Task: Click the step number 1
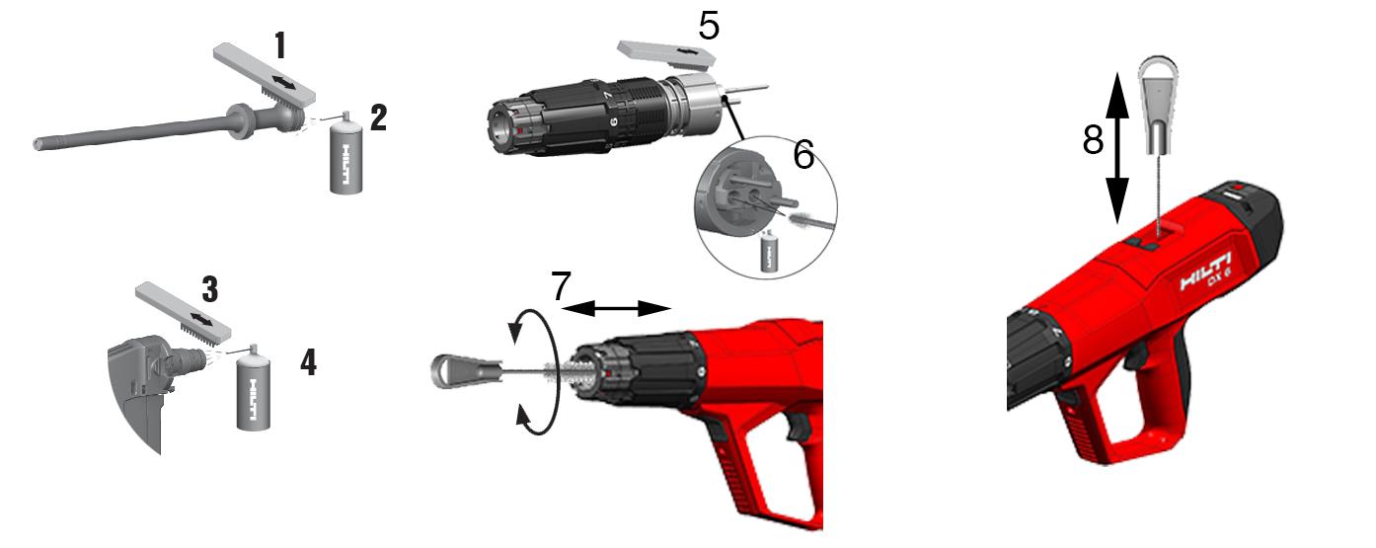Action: [280, 45]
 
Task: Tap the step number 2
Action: [378, 117]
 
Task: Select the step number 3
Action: [210, 289]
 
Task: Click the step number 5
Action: [709, 27]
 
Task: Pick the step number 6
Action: [804, 154]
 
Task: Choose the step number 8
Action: [1093, 140]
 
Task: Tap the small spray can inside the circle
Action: [767, 251]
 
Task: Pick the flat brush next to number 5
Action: [666, 54]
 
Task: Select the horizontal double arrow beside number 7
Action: [616, 308]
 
